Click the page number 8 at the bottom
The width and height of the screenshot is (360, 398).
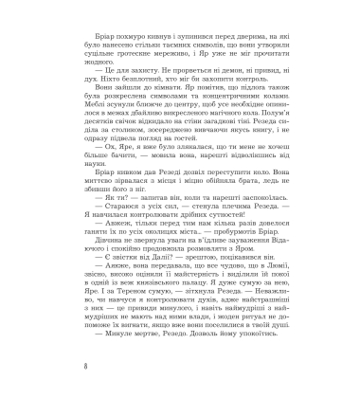pyautogui.click(x=59, y=365)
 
